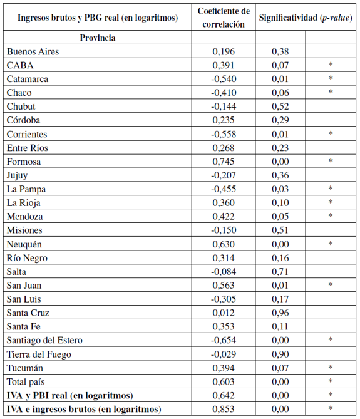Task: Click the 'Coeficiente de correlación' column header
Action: [224, 18]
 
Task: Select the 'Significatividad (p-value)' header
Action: [306, 18]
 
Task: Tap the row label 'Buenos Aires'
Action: [33, 51]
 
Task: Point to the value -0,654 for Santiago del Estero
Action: [222, 340]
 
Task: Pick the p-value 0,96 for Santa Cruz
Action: [280, 313]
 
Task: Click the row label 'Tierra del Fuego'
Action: [38, 354]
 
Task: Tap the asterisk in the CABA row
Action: [330, 65]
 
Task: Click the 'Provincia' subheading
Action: [97, 38]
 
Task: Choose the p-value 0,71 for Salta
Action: [280, 271]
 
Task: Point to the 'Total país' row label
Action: [27, 381]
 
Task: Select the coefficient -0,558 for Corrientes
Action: [222, 134]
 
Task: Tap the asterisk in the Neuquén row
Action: [330, 244]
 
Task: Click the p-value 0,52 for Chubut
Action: [280, 106]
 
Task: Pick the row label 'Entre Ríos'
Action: [28, 148]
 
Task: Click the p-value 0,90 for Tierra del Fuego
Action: [280, 354]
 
